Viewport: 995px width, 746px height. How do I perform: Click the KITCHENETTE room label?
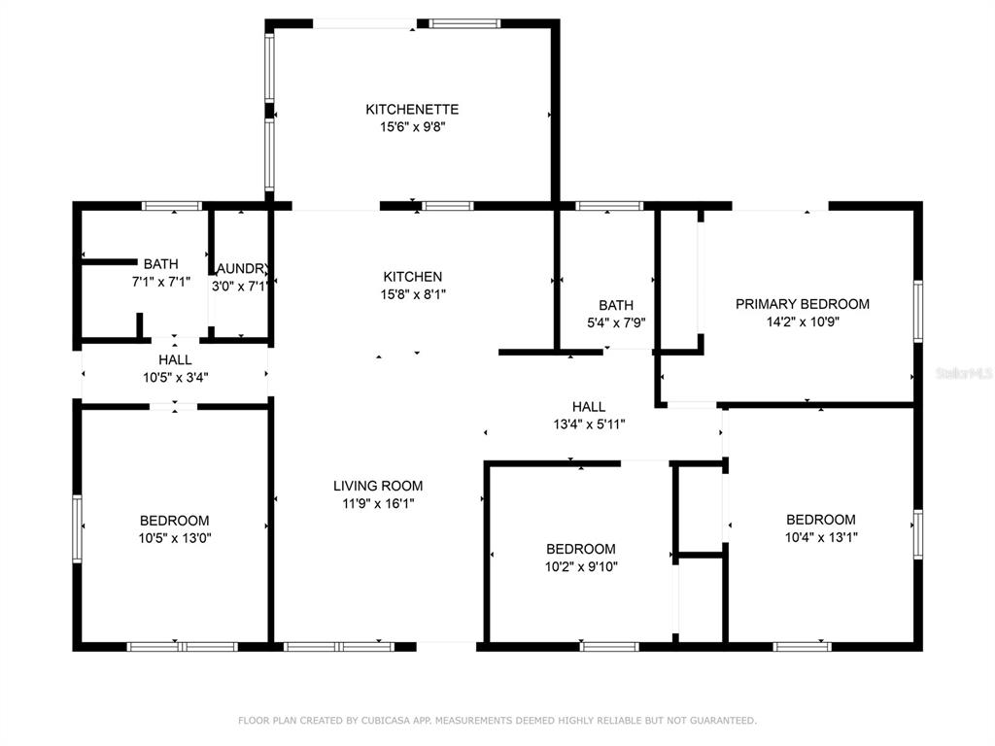412,109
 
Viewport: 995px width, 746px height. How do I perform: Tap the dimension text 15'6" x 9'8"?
412,127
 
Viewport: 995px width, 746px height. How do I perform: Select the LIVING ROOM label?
378,486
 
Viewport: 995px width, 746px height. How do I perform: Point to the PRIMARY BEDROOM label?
802,304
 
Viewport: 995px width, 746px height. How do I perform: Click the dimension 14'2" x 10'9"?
803,322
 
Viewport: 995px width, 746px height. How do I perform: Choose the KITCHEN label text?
412,277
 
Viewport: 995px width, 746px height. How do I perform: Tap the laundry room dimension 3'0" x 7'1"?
239,287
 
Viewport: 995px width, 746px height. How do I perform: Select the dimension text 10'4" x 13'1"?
821,537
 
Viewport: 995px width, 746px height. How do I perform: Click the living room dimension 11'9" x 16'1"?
378,504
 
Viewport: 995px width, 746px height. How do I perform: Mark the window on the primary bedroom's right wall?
917,312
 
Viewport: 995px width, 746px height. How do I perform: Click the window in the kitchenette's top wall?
464,24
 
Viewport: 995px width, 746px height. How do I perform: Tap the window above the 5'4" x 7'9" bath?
609,206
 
